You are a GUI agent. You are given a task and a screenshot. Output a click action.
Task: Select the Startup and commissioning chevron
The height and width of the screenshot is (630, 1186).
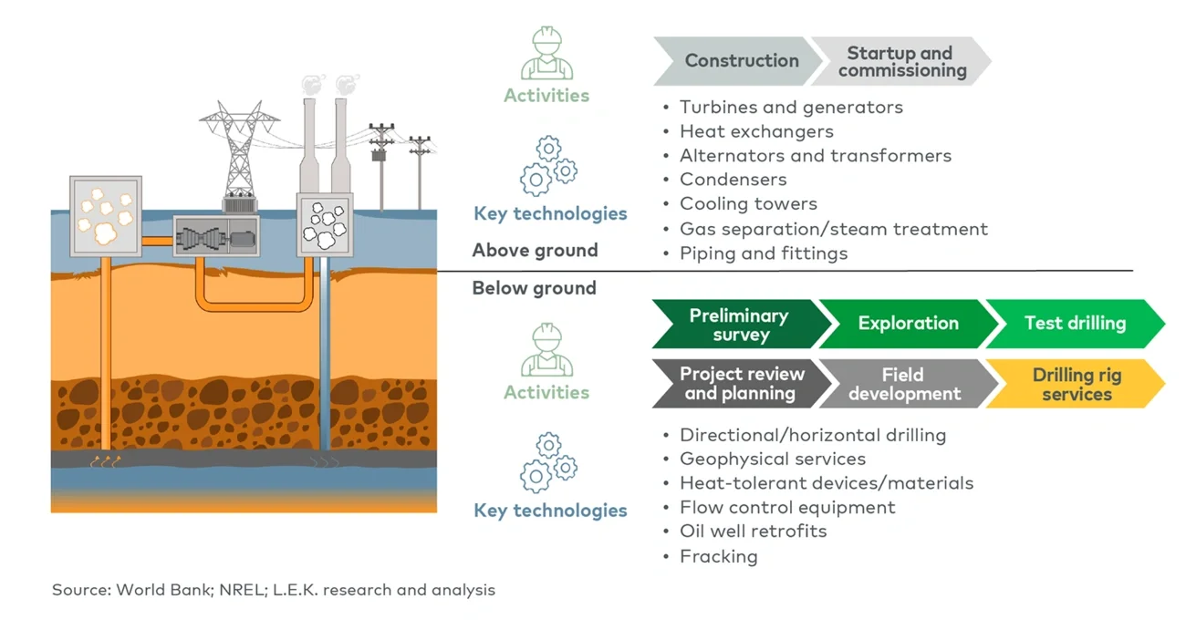pos(900,61)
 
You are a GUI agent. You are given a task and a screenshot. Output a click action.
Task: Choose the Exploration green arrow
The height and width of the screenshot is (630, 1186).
pos(908,324)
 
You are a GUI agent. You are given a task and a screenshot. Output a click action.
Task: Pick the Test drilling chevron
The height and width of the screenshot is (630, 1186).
pos(1074,324)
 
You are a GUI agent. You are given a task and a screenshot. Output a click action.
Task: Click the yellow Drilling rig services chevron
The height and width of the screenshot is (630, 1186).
pos(1075,385)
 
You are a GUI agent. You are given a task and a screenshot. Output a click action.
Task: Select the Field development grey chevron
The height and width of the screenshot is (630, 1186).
pos(903,385)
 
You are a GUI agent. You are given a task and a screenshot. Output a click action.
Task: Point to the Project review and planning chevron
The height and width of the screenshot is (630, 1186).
pos(737,385)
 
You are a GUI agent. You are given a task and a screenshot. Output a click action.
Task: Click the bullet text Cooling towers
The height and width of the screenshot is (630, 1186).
pos(748,204)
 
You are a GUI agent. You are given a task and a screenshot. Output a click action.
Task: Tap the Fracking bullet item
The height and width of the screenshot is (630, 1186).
pos(718,556)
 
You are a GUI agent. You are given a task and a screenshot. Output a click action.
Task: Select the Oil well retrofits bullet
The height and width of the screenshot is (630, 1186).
pos(753,532)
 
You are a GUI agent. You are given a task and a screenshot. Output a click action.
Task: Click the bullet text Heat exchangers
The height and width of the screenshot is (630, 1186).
pos(756,132)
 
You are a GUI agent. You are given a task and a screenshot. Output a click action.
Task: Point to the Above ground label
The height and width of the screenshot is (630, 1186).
pos(535,251)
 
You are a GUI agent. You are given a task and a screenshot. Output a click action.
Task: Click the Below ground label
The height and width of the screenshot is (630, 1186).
pos(534,289)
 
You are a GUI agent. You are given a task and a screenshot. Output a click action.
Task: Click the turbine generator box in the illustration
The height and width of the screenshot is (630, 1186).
pos(216,238)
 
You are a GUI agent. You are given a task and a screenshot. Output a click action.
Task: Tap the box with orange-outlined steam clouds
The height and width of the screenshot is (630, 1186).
pos(106,211)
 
